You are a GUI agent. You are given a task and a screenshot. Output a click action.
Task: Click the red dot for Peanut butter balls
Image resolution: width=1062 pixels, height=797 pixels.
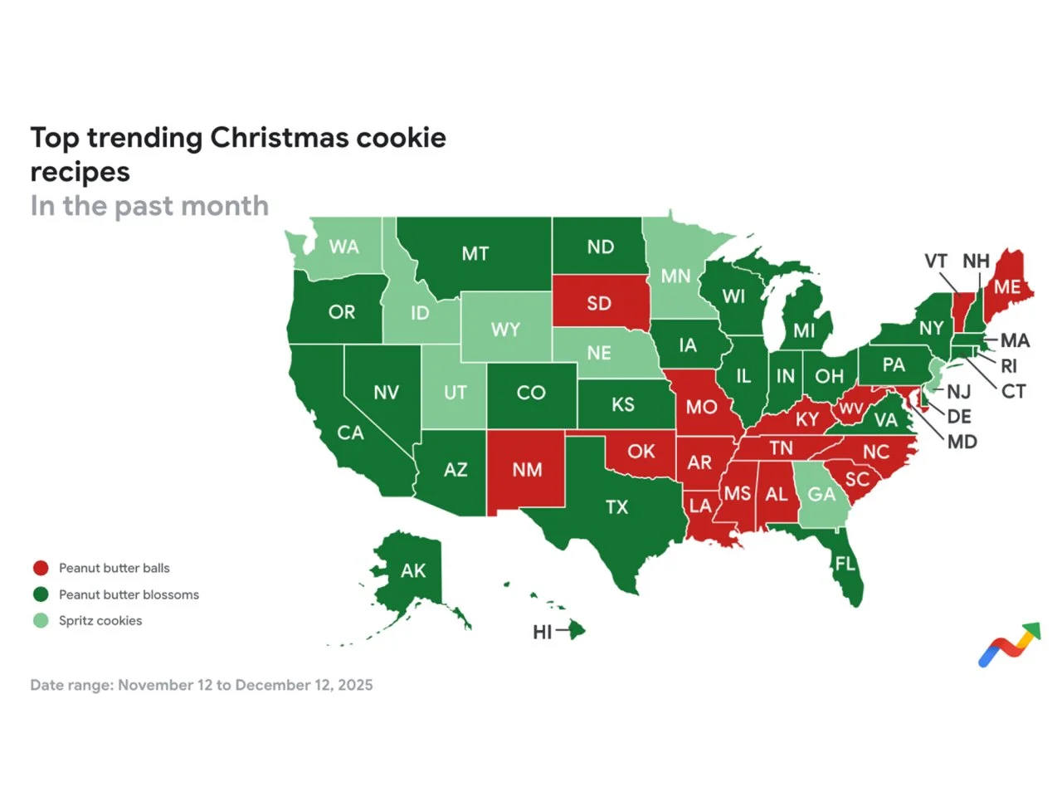(41, 568)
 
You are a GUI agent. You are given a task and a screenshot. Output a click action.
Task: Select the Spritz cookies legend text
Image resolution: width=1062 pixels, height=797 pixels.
(100, 621)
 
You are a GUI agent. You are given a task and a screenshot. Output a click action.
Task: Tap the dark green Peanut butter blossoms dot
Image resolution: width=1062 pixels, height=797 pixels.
(41, 594)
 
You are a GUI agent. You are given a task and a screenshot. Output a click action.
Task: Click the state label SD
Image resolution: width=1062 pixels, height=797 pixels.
(599, 304)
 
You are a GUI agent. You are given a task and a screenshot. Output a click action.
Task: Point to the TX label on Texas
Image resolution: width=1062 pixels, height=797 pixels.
(616, 507)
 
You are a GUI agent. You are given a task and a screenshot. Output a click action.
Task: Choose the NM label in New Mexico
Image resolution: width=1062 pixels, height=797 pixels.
(527, 470)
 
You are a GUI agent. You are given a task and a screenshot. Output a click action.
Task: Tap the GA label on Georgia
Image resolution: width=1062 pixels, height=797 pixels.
(821, 495)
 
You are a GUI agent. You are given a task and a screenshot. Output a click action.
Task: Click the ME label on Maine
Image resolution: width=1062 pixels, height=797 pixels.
(1007, 287)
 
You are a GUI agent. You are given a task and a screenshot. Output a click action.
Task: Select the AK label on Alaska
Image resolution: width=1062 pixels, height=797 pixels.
(413, 571)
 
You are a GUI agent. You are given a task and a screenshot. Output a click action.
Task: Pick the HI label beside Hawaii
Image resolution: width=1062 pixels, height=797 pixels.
(543, 633)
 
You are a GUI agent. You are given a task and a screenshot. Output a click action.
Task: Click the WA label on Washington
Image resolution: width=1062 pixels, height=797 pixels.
(343, 247)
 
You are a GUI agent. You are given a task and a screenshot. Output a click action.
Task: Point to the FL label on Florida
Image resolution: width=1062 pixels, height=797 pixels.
(845, 565)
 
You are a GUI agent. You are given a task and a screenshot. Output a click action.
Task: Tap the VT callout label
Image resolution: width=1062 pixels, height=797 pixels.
(936, 262)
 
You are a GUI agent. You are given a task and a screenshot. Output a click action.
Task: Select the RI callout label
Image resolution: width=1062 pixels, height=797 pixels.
(1008, 366)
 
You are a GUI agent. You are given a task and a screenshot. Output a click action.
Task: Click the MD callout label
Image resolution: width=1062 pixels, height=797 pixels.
(962, 442)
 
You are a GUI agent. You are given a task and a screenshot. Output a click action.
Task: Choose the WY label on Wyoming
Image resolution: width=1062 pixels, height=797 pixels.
(505, 330)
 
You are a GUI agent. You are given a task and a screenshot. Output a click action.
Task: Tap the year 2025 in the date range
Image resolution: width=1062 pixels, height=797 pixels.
(355, 686)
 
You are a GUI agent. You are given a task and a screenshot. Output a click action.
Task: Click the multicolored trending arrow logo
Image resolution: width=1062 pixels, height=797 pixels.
(1009, 644)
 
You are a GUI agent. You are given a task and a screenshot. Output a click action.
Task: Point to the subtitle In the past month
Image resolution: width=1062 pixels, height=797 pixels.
(149, 206)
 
